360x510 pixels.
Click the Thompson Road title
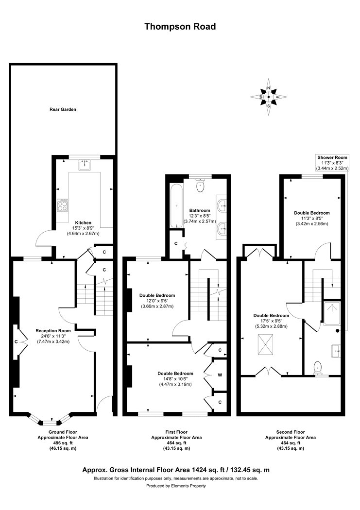pyautogui.click(x=180, y=27)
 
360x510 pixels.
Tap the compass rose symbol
pyautogui.click(x=269, y=97)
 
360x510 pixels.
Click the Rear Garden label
pyautogui.click(x=63, y=109)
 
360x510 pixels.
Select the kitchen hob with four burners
pyautogui.click(x=63, y=205)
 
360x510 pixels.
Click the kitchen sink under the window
pyautogui.click(x=85, y=164)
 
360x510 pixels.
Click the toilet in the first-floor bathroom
pyautogui.click(x=199, y=185)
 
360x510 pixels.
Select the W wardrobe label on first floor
pyautogui.click(x=220, y=375)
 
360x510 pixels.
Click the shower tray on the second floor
pyautogui.click(x=336, y=311)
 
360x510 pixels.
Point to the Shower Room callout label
pyautogui.click(x=332, y=157)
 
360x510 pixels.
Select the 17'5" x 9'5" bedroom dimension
pyautogui.click(x=271, y=321)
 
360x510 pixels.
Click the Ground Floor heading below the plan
pyautogui.click(x=63, y=431)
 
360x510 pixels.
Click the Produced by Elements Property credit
pyautogui.click(x=180, y=486)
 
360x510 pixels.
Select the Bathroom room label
pyautogui.click(x=199, y=210)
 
